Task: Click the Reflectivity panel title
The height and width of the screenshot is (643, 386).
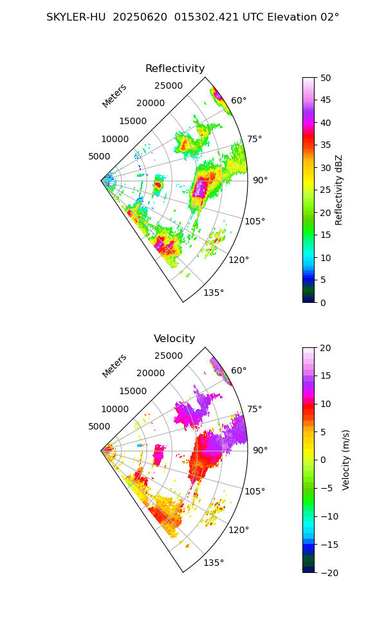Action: pos(175,69)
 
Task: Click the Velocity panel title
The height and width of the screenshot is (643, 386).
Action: pos(174,339)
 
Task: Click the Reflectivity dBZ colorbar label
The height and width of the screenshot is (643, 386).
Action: pos(339,190)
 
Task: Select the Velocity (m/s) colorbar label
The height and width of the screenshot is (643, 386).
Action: pos(346,460)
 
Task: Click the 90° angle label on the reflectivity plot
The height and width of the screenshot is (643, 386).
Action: pos(260,181)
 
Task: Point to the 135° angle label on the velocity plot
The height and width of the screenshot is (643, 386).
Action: pos(214,563)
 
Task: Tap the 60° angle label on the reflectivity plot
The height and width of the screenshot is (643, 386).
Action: pos(239,101)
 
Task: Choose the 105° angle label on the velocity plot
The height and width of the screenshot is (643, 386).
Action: pos(255,492)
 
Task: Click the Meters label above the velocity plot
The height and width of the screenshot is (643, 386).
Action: pos(115,366)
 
